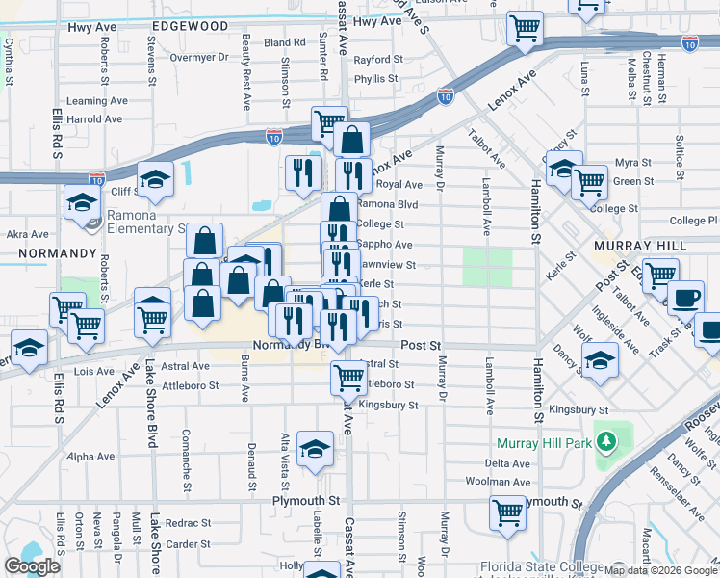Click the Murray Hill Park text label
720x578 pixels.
(544, 444)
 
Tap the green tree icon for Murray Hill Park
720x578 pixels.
(605, 443)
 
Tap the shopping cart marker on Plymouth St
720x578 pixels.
(507, 512)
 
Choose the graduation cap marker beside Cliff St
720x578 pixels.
(153, 179)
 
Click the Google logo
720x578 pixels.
(33, 566)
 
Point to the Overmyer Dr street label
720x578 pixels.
(198, 57)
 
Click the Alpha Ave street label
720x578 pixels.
(91, 457)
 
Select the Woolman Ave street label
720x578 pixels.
(506, 481)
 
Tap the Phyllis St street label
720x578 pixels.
(375, 79)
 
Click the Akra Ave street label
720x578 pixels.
(27, 233)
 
